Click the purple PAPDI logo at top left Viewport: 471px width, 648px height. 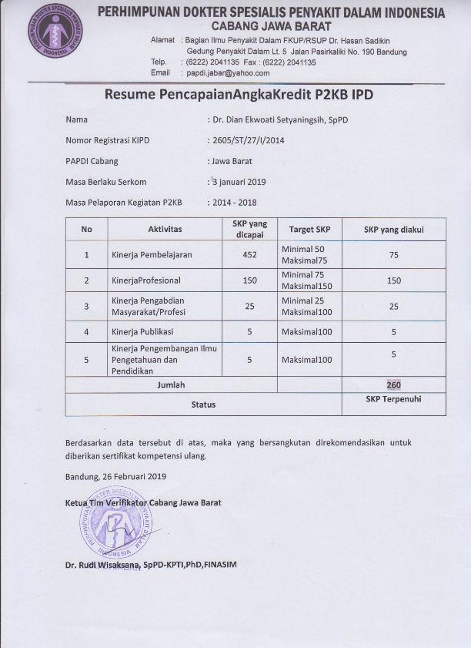[x=55, y=35]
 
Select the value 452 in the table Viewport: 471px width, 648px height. [x=249, y=255]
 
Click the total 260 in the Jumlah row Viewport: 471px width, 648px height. [x=394, y=384]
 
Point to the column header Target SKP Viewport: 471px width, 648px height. [x=309, y=230]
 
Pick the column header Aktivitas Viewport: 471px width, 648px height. [x=165, y=230]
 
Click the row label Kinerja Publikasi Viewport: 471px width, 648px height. [x=145, y=332]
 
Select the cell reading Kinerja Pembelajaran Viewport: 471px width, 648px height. [x=152, y=255]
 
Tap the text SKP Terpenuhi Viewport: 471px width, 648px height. [x=394, y=400]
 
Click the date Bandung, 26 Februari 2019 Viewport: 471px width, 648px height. [x=115, y=476]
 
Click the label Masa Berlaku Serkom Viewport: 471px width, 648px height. [x=106, y=182]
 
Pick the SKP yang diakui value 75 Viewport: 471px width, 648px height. [x=394, y=255]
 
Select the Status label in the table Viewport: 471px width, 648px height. [x=203, y=405]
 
